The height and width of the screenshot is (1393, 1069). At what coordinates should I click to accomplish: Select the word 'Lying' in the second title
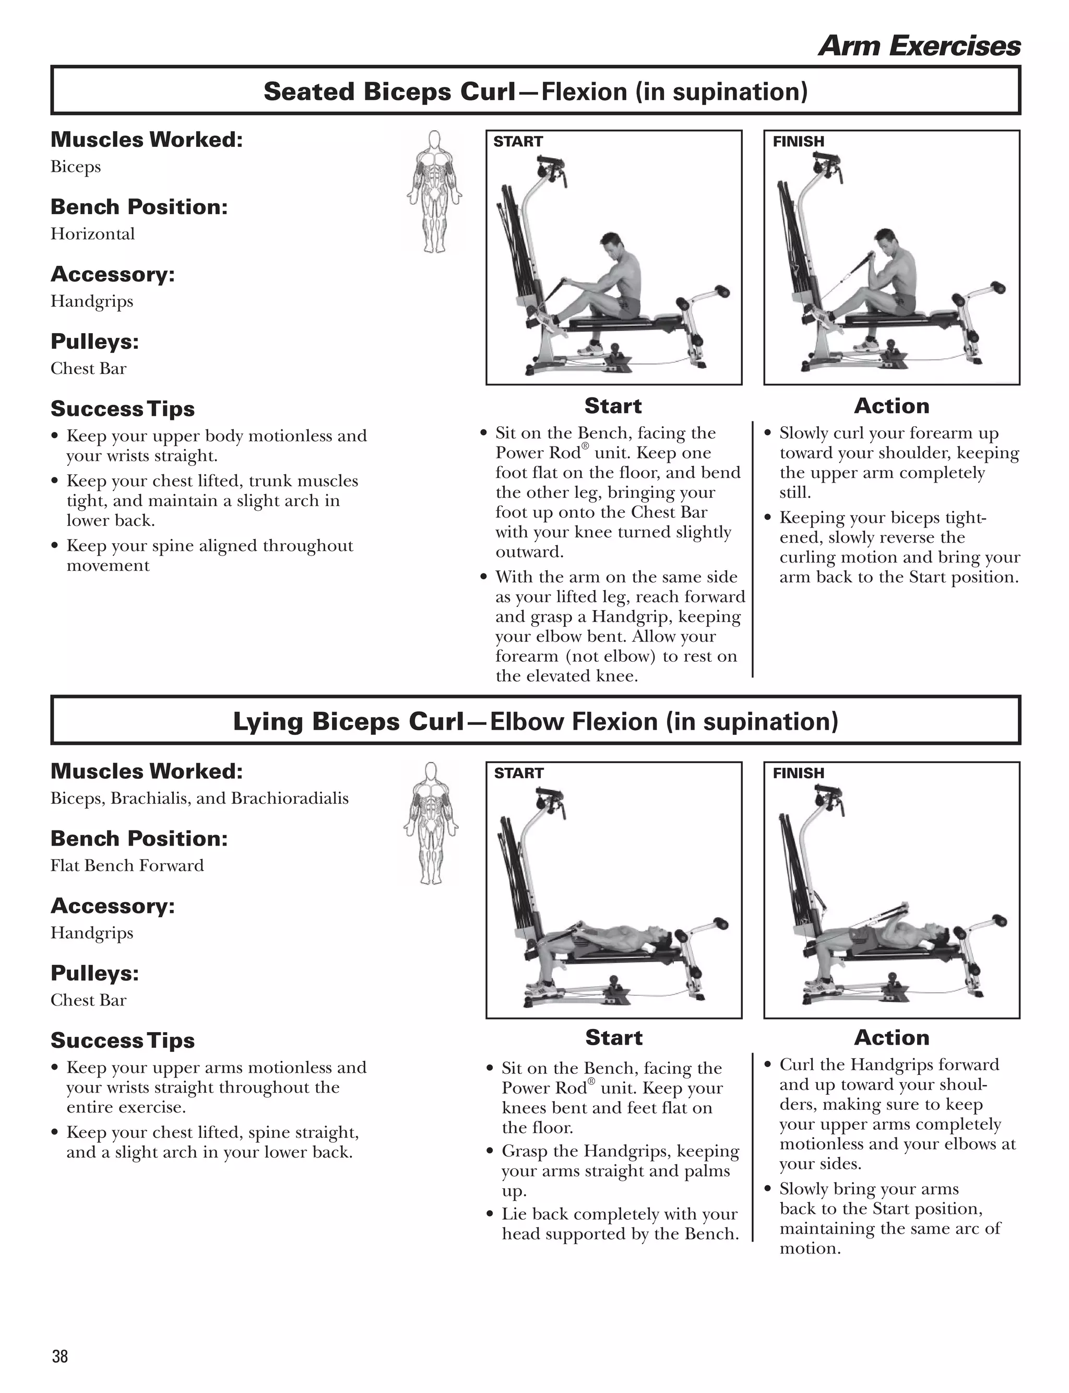pyautogui.click(x=268, y=722)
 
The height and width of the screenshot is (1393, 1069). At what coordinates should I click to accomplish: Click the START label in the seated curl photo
pyautogui.click(x=518, y=142)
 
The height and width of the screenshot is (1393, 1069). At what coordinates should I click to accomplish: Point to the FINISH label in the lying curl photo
pyautogui.click(x=798, y=773)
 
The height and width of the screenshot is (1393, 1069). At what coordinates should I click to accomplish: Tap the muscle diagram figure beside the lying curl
pyautogui.click(x=431, y=823)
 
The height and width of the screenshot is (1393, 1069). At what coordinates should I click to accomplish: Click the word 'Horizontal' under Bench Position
pyautogui.click(x=93, y=233)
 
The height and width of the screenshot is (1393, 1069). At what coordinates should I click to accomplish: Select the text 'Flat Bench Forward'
pyautogui.click(x=127, y=865)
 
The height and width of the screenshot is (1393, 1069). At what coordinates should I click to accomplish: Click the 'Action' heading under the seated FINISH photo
pyautogui.click(x=892, y=405)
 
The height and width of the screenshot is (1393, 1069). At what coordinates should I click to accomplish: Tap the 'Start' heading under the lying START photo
pyautogui.click(x=613, y=1037)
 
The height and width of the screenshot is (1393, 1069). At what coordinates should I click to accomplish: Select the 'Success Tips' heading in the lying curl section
pyautogui.click(x=122, y=1040)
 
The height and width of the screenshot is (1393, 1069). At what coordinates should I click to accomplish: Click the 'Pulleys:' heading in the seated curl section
pyautogui.click(x=94, y=342)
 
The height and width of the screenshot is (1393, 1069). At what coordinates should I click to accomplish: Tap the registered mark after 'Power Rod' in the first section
pyautogui.click(x=585, y=446)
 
